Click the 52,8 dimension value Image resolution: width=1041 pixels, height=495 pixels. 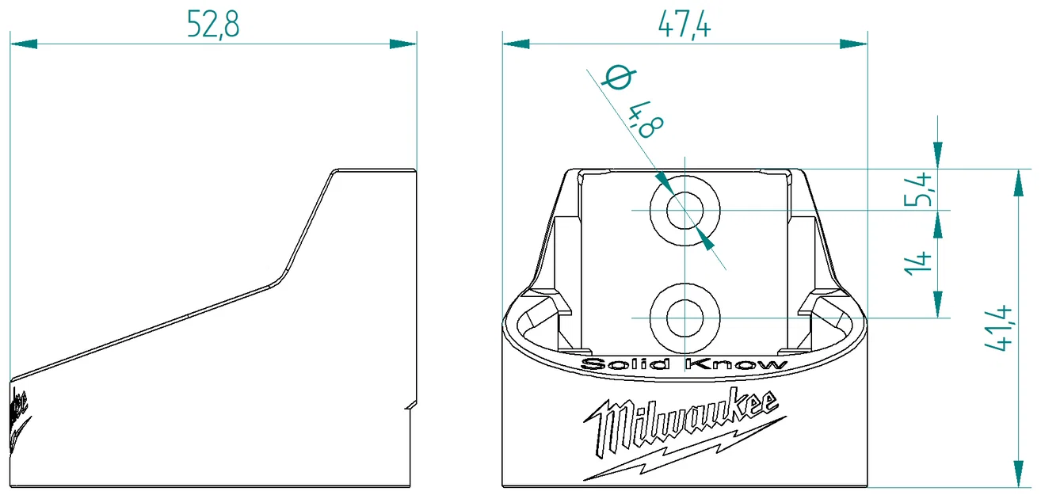click(212, 25)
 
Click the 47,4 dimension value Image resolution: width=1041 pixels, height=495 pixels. click(684, 25)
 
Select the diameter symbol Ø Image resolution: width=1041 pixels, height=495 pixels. click(618, 79)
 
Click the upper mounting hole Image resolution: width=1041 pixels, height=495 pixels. click(684, 211)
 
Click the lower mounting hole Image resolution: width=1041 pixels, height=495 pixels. click(684, 318)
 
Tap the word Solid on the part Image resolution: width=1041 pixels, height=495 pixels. click(626, 364)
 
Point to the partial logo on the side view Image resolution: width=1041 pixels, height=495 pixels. click(19, 416)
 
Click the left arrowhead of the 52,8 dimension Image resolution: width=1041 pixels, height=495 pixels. click(24, 44)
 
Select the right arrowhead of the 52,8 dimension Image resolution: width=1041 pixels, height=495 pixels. click(404, 44)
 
